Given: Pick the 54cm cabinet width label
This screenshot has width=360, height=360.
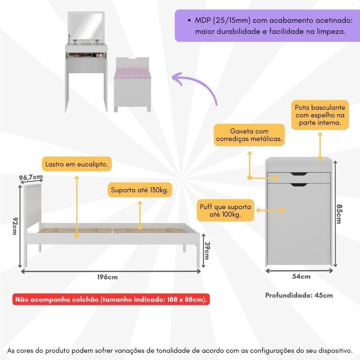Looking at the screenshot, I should (301, 276).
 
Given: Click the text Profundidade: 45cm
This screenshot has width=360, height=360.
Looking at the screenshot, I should (299, 295).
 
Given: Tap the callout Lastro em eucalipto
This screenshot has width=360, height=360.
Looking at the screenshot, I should (77, 165).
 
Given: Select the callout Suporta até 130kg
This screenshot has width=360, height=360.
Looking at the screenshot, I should (140, 190).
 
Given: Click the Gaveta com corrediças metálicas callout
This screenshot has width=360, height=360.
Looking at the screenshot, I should (249, 135).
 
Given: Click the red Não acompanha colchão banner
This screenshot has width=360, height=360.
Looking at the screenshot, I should (111, 299).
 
